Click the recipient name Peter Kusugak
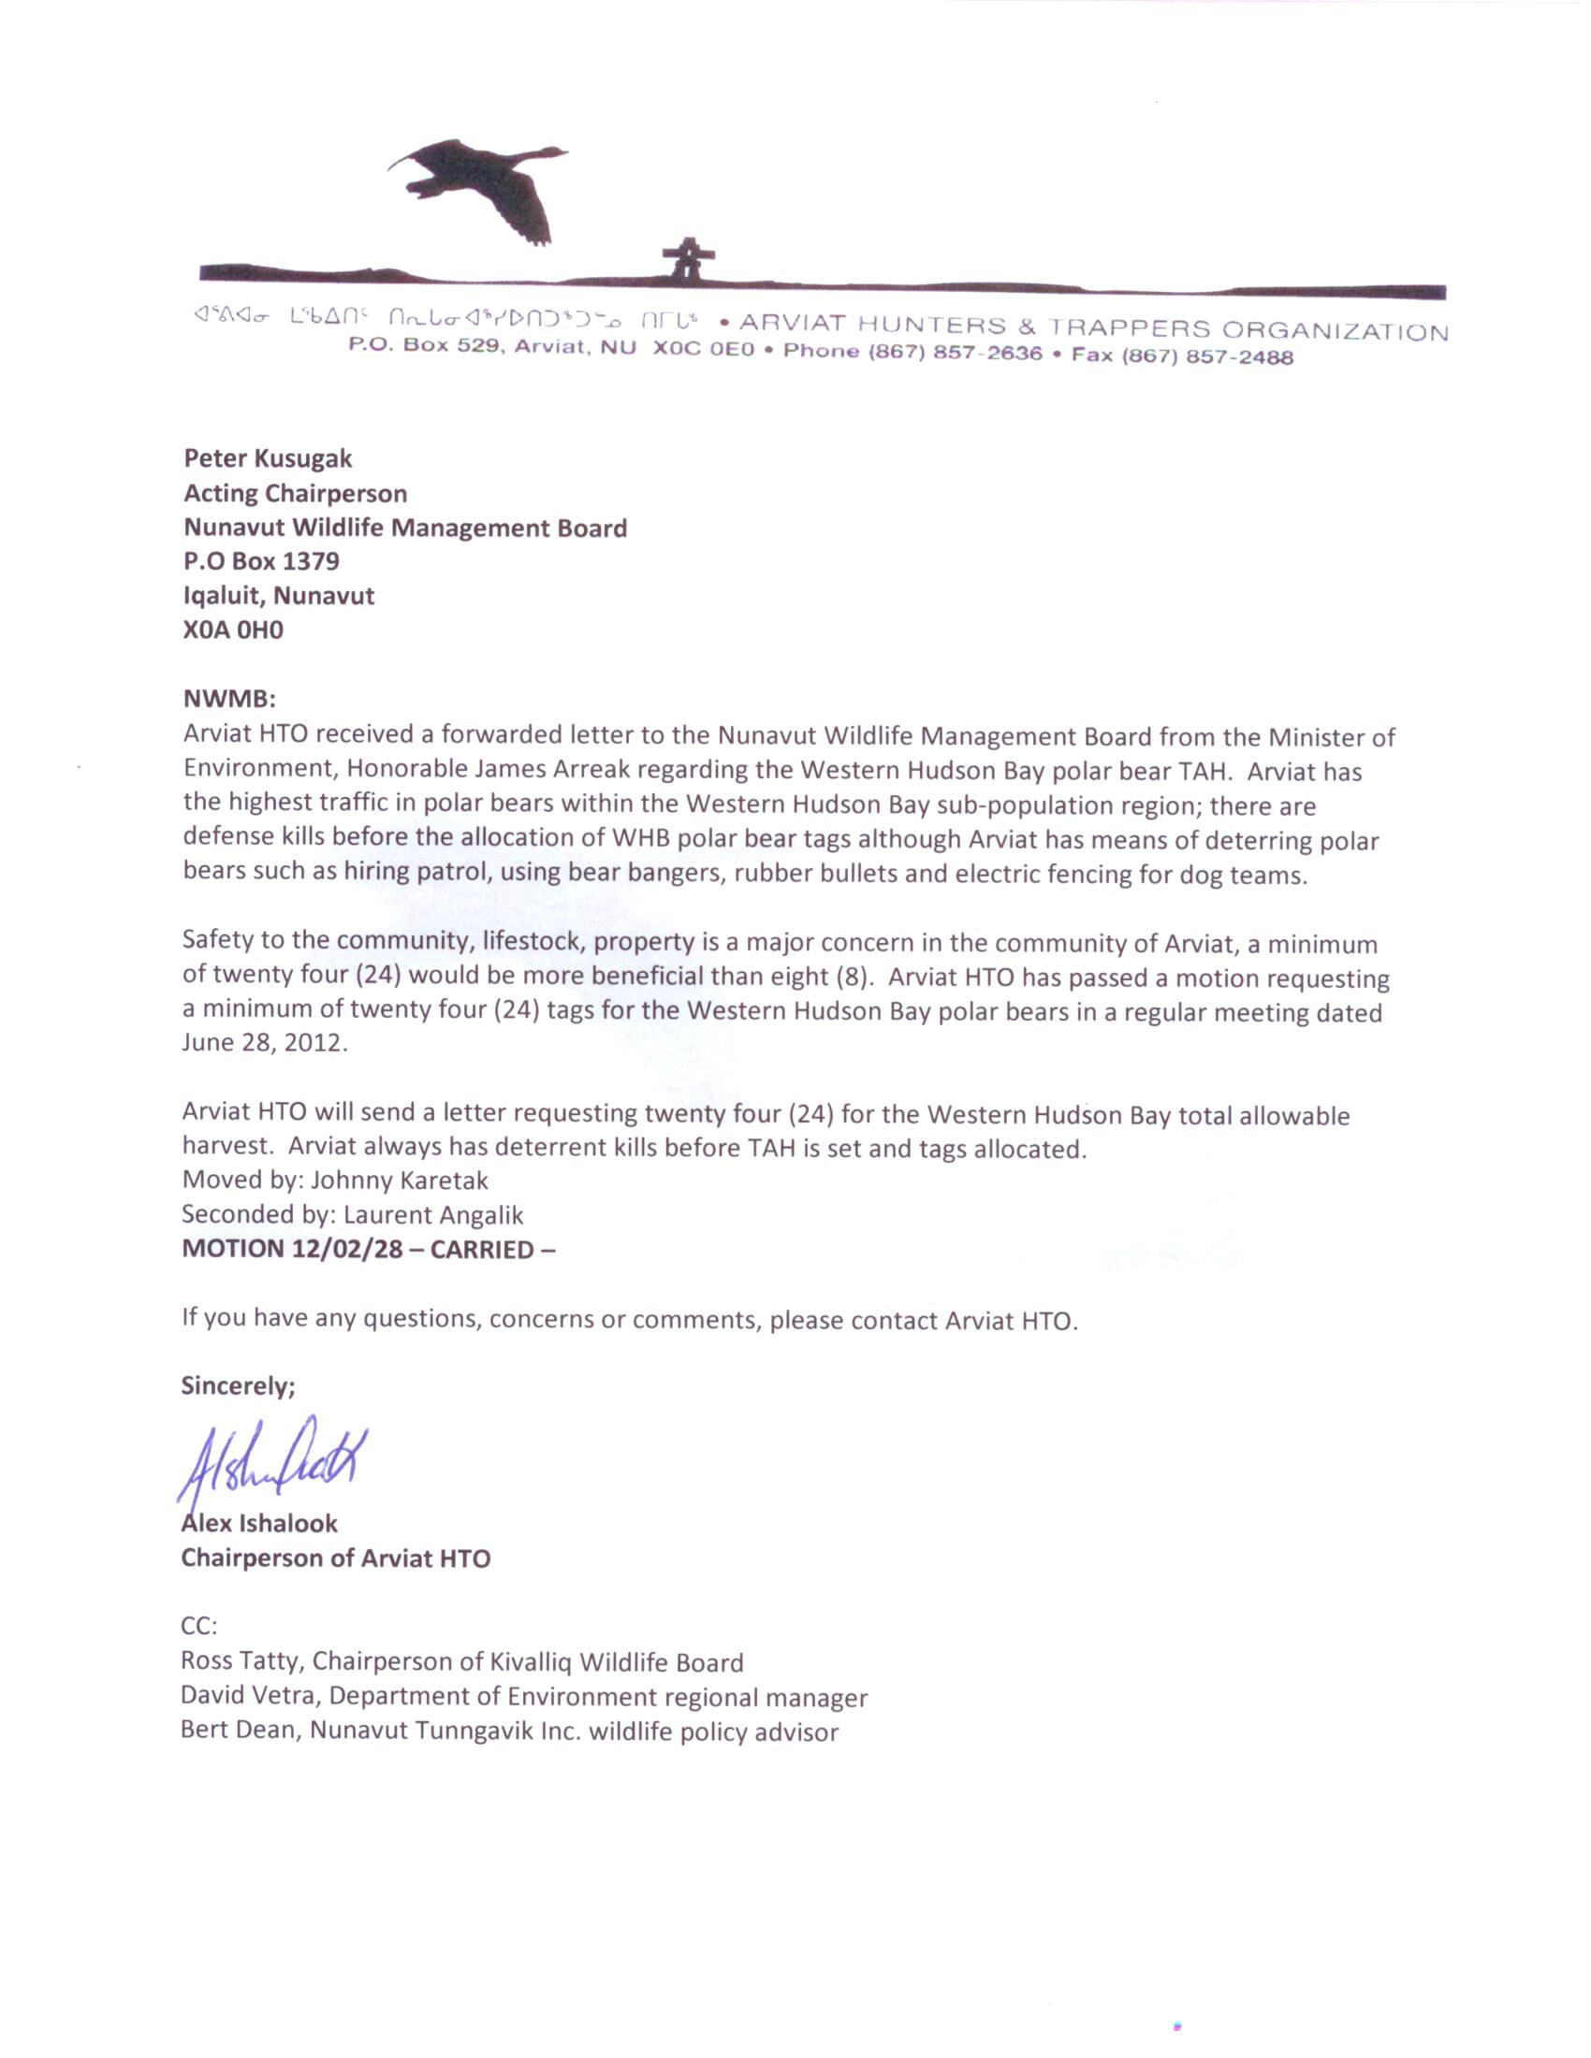(x=268, y=459)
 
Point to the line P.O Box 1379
(x=261, y=561)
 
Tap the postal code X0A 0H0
(x=233, y=630)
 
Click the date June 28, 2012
(x=265, y=1044)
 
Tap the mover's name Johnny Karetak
(x=399, y=1180)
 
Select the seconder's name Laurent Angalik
(x=432, y=1214)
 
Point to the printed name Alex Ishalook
(x=259, y=1523)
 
